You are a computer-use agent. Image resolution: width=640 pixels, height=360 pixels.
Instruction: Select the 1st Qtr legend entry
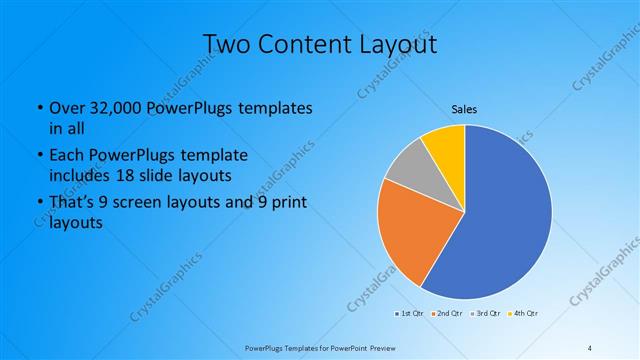pyautogui.click(x=409, y=314)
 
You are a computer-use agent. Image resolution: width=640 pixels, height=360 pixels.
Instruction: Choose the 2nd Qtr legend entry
pyautogui.click(x=446, y=314)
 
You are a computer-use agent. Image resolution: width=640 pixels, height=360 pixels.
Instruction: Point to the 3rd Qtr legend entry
pyautogui.click(x=485, y=314)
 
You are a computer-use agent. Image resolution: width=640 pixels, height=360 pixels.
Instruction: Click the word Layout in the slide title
pyautogui.click(x=393, y=45)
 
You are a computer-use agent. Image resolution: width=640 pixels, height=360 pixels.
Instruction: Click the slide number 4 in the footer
pyautogui.click(x=590, y=347)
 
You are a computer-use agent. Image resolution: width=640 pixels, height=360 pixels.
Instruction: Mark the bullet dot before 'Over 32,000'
pyautogui.click(x=38, y=108)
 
